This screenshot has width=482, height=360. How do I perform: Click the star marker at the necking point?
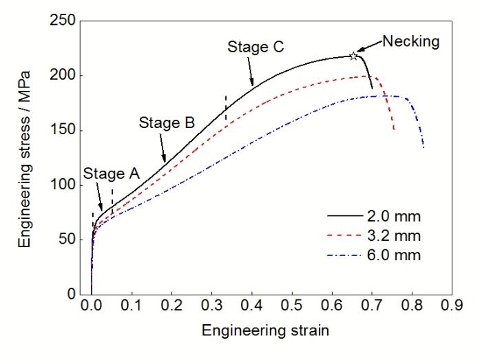click(354, 56)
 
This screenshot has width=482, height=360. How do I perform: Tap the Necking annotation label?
click(411, 41)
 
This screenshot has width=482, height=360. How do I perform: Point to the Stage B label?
click(167, 123)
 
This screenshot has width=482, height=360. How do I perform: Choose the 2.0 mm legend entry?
click(399, 216)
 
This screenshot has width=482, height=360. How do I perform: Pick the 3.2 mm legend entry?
click(399, 236)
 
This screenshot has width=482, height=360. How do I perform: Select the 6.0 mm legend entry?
click(399, 255)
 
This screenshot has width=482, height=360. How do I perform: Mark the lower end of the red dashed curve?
click(394, 130)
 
